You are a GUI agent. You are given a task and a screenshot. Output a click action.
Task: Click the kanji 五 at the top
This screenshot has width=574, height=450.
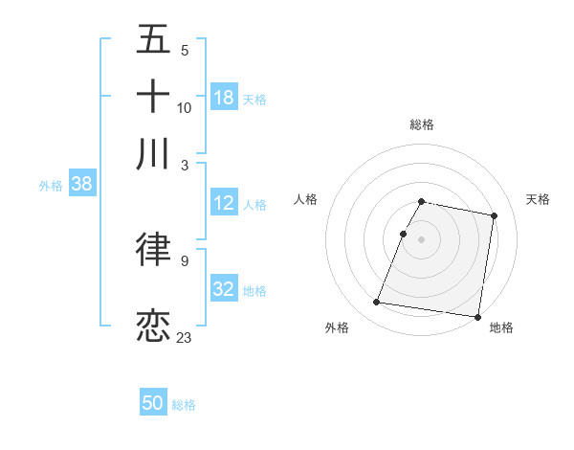[x=154, y=41]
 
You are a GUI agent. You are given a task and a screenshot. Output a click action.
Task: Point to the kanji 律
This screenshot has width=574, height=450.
[x=154, y=250]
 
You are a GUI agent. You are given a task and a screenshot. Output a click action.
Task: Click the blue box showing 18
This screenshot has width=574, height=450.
[x=224, y=97]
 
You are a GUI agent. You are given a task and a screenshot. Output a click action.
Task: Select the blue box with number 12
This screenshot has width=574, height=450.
[x=224, y=203]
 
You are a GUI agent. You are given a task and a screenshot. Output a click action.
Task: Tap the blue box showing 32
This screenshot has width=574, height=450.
[x=224, y=288]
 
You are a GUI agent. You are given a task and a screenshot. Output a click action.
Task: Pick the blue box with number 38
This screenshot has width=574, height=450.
[x=81, y=185]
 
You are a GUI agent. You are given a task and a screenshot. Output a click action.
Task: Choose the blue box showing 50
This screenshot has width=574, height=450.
[x=153, y=403]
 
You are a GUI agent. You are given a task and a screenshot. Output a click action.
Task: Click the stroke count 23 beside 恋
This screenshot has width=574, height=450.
[x=185, y=337]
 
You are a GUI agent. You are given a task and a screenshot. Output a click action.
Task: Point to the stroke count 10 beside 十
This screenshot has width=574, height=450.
[x=185, y=107]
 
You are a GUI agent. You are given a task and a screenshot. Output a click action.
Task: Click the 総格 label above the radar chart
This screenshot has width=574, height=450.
[x=422, y=124]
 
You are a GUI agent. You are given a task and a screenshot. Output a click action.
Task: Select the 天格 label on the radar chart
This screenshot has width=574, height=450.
[x=538, y=199]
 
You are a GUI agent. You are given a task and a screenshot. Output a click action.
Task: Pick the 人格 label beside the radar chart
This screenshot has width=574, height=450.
[x=306, y=199]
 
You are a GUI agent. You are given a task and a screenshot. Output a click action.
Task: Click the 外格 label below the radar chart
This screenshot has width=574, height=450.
[x=337, y=327]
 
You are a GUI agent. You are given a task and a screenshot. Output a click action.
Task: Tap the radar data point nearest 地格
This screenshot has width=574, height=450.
[x=477, y=317]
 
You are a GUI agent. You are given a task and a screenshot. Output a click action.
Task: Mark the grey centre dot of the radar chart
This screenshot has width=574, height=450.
[x=422, y=239]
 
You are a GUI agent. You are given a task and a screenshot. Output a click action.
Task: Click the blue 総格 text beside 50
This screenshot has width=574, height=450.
[x=184, y=405]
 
